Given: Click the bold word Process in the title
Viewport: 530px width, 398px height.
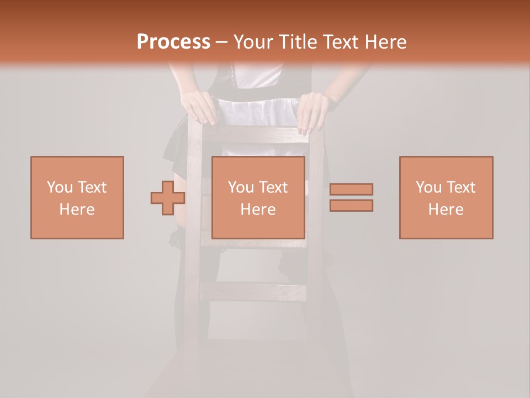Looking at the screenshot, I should [173, 42].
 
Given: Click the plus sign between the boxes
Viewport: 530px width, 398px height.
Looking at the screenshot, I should [168, 198].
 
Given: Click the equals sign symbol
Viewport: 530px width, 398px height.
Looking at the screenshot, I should [351, 197].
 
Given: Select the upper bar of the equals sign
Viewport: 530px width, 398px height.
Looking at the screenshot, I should [351, 189].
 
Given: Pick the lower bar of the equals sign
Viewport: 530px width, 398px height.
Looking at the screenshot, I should [351, 206].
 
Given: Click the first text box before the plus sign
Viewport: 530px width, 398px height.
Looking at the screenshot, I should [77, 197].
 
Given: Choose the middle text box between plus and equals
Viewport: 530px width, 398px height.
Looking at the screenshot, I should [258, 197].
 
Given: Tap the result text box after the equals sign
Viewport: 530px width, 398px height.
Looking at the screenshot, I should [446, 197].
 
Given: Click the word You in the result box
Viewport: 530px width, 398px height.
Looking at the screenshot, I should [429, 187].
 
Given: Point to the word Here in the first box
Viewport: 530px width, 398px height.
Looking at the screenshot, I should [77, 210].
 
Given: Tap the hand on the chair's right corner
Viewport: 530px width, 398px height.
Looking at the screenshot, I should [312, 111].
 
